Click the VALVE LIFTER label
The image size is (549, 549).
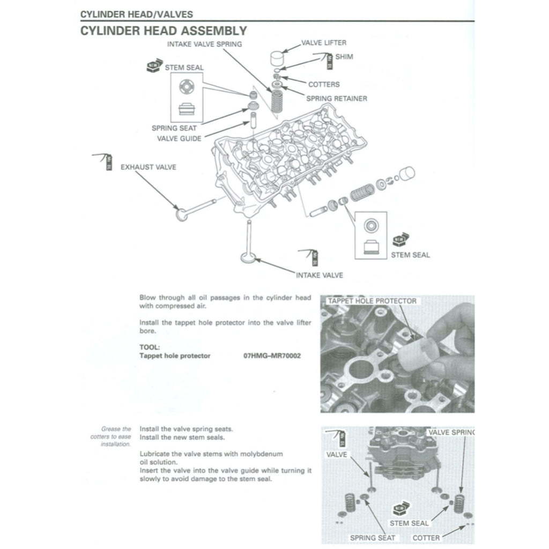[323, 43]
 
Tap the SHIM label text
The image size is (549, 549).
[344, 56]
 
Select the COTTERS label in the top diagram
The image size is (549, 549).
[323, 84]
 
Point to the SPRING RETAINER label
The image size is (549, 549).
[336, 99]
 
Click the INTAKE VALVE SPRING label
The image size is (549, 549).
[204, 44]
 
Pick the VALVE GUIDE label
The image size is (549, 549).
[179, 138]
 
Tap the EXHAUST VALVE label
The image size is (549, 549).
[148, 167]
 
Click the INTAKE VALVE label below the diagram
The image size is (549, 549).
[320, 275]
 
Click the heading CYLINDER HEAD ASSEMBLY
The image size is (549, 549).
[164, 31]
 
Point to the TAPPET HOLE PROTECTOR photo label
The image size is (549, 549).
[372, 301]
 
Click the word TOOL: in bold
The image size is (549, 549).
[150, 347]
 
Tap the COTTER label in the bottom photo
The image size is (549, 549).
[426, 537]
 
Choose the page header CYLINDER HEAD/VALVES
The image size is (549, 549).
[137, 14]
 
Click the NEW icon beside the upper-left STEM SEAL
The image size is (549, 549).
[154, 65]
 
